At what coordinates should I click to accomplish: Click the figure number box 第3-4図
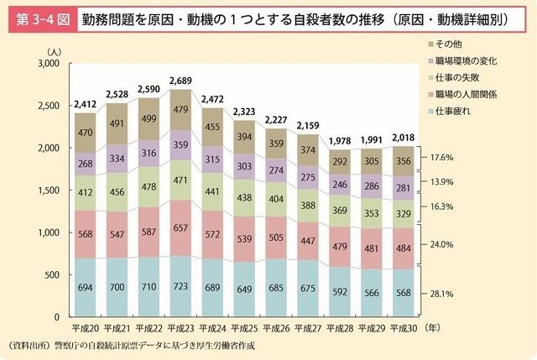[x=39, y=18]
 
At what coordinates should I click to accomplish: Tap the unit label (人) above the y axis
[x=55, y=52]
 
